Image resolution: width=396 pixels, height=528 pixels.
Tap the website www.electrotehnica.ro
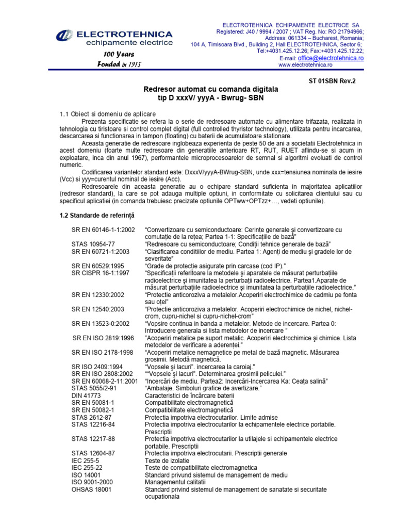[x=305, y=65]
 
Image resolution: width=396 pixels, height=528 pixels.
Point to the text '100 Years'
[x=119, y=54]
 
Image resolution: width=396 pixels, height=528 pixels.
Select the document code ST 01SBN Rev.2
[x=332, y=81]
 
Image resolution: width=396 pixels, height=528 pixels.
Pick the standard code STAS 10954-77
[x=93, y=244]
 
